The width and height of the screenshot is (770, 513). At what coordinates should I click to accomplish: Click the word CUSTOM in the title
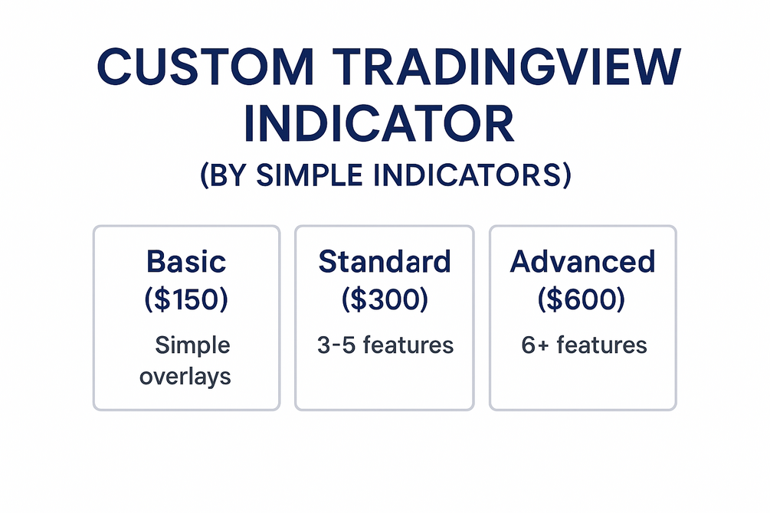205,67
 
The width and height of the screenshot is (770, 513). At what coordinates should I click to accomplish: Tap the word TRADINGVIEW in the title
506,67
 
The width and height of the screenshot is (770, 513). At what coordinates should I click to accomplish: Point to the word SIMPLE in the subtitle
310,175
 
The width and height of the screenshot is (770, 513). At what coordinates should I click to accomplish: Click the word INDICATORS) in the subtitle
473,175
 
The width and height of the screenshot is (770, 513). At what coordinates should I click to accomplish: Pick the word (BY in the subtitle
223,175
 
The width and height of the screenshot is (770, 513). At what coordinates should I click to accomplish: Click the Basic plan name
186,261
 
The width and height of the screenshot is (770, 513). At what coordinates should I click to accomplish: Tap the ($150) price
186,299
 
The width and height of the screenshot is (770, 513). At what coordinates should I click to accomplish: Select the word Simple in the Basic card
192,345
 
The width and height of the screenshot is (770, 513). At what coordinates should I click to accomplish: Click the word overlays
185,377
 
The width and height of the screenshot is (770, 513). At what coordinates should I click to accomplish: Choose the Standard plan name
385,261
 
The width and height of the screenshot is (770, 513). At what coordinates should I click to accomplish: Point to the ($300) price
385,299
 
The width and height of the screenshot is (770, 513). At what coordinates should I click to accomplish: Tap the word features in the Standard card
408,345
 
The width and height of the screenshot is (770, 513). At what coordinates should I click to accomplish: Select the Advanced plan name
582,261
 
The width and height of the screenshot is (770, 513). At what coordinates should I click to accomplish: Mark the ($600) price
582,299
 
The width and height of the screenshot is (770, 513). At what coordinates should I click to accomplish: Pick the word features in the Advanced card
601,345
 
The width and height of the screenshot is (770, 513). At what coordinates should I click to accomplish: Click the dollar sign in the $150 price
162,299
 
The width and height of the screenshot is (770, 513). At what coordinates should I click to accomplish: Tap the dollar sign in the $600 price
555,299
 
